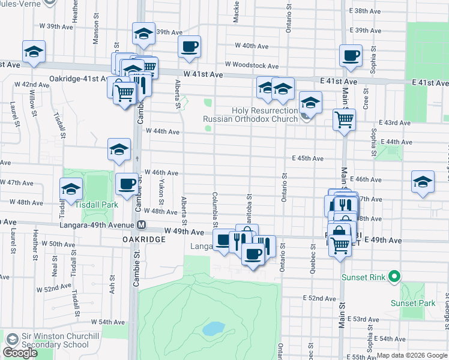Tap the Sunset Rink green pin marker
click(x=394, y=277)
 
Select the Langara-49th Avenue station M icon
click(x=142, y=225)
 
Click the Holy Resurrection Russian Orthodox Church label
click(x=250, y=115)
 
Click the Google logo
click(x=20, y=353)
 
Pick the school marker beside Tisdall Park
click(x=71, y=189)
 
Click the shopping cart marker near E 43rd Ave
click(x=344, y=119)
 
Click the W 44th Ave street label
click(x=163, y=131)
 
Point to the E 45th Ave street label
click(x=307, y=158)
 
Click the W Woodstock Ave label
click(x=252, y=65)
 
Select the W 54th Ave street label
click(x=109, y=322)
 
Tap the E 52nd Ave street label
click(x=320, y=298)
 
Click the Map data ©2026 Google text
click(x=412, y=355)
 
